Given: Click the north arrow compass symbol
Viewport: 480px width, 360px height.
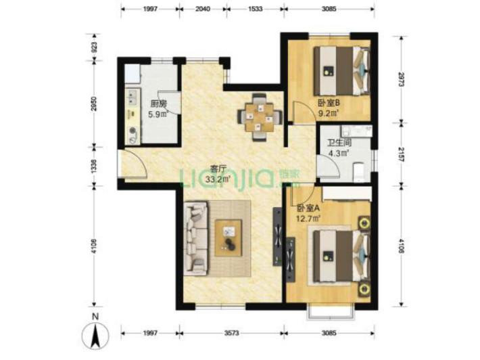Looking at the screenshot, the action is pyautogui.click(x=95, y=332).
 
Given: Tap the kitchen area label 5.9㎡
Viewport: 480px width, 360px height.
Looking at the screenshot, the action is pyautogui.click(x=158, y=114).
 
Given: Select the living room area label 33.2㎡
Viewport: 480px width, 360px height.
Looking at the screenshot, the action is pyautogui.click(x=218, y=179).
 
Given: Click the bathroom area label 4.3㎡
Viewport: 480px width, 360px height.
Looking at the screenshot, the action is pyautogui.click(x=339, y=152).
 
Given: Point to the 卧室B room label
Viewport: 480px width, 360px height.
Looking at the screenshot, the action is pyautogui.click(x=329, y=104).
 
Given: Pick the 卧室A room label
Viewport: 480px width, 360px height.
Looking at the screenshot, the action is pyautogui.click(x=308, y=208).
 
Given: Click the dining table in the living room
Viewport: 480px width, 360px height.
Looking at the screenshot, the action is pyautogui.click(x=260, y=118).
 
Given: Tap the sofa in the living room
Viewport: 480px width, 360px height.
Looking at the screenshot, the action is pyautogui.click(x=196, y=237).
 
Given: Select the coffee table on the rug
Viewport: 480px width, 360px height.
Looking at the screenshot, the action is pyautogui.click(x=229, y=238).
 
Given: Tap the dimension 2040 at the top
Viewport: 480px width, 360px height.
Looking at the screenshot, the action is pyautogui.click(x=203, y=9).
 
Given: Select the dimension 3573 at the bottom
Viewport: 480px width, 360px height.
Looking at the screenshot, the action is pyautogui.click(x=231, y=333).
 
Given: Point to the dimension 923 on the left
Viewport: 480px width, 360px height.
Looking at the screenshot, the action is pyautogui.click(x=94, y=47).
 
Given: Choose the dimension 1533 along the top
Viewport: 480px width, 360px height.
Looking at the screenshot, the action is pyautogui.click(x=256, y=9).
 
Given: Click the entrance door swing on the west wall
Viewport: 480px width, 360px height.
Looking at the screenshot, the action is pyautogui.click(x=135, y=164).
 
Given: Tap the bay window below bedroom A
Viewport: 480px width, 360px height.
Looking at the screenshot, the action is pyautogui.click(x=331, y=312).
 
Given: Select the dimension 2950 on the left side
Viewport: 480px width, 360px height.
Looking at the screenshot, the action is pyautogui.click(x=94, y=104).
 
